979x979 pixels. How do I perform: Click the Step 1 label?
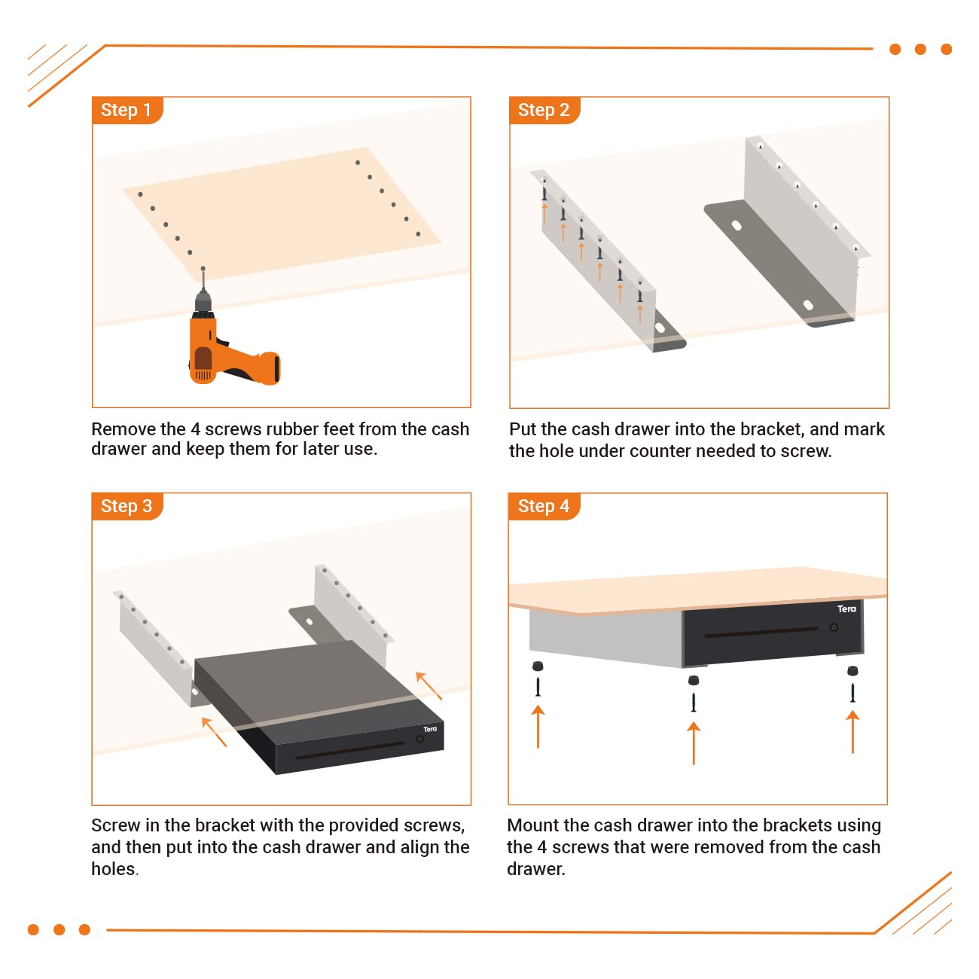(126, 110)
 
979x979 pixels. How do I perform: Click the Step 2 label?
(543, 110)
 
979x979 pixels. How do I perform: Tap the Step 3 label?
(126, 506)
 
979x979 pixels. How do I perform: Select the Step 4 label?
(543, 506)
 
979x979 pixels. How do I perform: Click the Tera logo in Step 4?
(846, 608)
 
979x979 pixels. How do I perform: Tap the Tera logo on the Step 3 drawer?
(429, 729)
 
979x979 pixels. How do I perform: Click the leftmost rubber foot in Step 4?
(538, 666)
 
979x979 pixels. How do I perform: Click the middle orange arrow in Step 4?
(694, 742)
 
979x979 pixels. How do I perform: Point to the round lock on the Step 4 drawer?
(834, 627)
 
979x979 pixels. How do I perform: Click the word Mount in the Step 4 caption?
(532, 825)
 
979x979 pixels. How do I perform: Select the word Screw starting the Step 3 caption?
(115, 825)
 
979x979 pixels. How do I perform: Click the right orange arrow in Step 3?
(429, 685)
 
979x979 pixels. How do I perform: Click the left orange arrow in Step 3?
(214, 731)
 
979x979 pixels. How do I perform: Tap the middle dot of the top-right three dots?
(920, 50)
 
